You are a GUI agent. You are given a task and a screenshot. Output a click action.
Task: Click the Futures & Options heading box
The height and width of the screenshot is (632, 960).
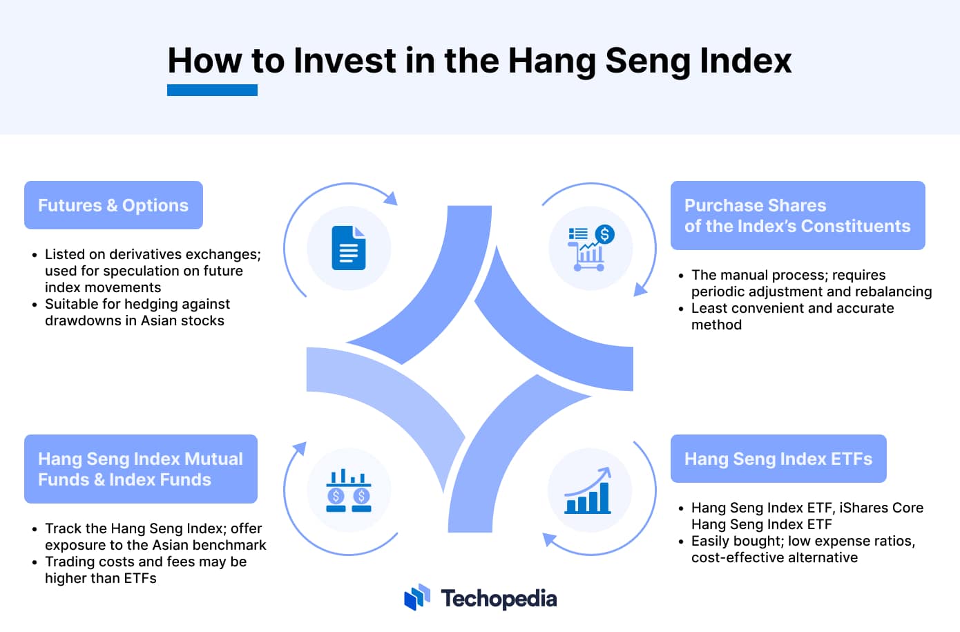(x=113, y=205)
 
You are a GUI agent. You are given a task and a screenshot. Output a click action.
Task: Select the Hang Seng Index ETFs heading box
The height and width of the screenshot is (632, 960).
(x=778, y=459)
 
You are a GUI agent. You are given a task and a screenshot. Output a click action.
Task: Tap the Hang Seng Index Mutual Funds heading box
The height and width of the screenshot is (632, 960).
(x=141, y=469)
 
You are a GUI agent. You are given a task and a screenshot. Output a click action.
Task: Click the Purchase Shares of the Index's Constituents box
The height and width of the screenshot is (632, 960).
(x=798, y=216)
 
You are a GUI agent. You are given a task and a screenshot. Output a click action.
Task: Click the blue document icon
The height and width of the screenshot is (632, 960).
(x=348, y=248)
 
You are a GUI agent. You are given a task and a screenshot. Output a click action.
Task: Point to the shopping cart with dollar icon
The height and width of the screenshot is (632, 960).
(x=591, y=248)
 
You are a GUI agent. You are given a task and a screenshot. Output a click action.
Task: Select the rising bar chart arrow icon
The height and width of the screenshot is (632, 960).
(x=588, y=490)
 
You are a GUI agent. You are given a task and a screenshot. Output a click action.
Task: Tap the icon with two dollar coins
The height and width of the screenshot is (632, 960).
(x=348, y=490)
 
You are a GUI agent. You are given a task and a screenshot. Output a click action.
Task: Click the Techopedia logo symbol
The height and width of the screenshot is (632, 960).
(x=417, y=597)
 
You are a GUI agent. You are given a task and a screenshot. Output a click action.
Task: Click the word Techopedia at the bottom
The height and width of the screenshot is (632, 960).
(x=499, y=599)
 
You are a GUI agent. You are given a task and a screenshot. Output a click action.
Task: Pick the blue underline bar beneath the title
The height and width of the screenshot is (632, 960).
(x=212, y=90)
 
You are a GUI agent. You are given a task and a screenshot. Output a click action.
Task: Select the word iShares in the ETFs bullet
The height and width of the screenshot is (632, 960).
(x=863, y=508)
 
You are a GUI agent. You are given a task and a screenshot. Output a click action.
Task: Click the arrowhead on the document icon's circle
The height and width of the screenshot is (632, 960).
(x=391, y=198)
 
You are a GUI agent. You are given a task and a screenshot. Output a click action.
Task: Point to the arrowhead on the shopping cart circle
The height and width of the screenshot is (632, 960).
(x=640, y=289)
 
